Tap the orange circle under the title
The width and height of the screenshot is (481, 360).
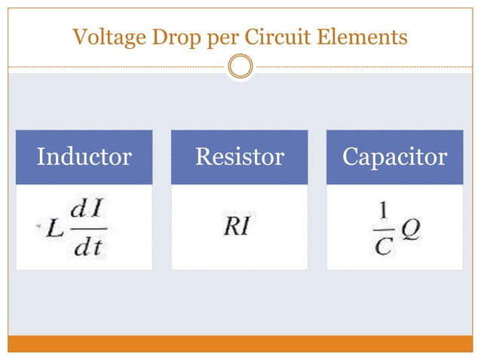[240, 67]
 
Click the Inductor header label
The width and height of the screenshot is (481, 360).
[84, 157]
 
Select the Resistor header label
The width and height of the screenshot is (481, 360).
[239, 157]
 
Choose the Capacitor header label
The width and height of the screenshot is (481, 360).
[394, 157]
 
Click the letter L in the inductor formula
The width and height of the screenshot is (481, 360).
[54, 228]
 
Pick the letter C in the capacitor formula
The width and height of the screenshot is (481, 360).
[383, 246]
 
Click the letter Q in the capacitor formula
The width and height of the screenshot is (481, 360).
[411, 227]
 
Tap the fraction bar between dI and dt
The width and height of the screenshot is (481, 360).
[89, 230]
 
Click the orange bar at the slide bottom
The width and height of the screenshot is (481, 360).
[240, 343]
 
